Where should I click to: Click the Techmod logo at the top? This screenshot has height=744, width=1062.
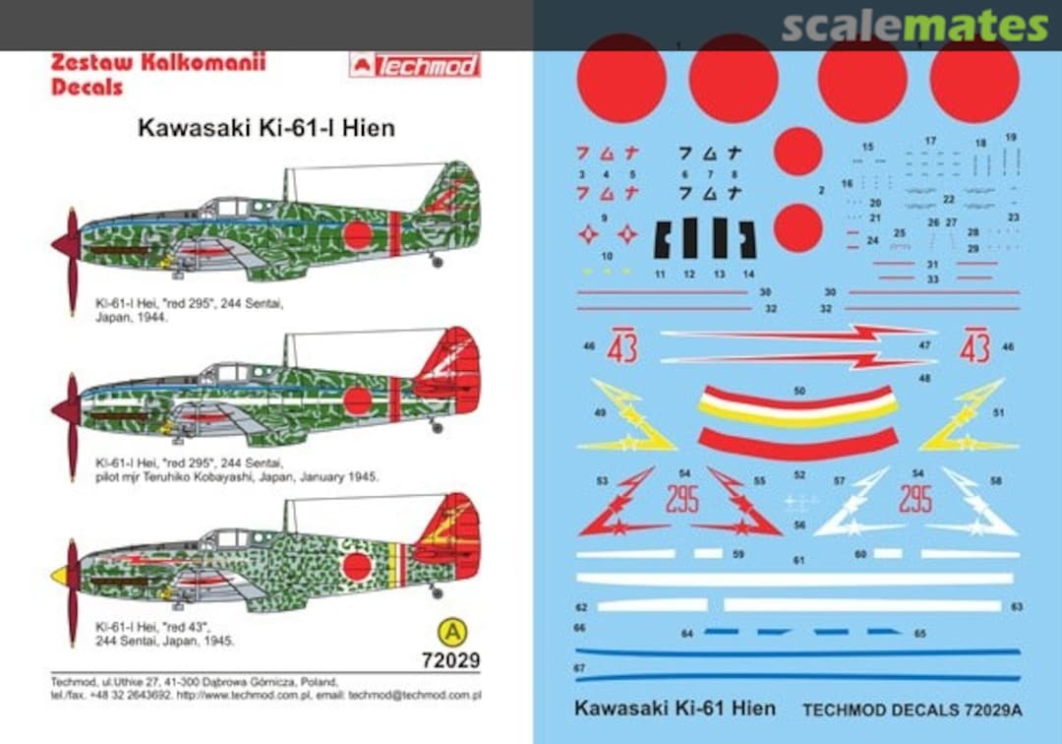click(x=414, y=66)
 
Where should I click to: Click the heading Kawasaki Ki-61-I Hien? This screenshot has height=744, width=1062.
click(x=265, y=128)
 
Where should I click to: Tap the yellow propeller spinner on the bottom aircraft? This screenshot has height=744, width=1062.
click(x=59, y=575)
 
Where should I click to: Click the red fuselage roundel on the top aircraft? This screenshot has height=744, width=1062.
click(x=357, y=234)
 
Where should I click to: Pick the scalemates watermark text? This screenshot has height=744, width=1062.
click(x=914, y=27)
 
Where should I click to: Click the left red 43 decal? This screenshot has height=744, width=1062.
click(x=622, y=347)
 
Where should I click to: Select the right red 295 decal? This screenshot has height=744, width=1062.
click(x=914, y=498)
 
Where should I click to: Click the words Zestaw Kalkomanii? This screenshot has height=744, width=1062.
click(x=158, y=63)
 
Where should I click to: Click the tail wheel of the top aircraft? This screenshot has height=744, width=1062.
click(x=438, y=261)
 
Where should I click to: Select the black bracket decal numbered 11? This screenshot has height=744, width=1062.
click(x=662, y=239)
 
